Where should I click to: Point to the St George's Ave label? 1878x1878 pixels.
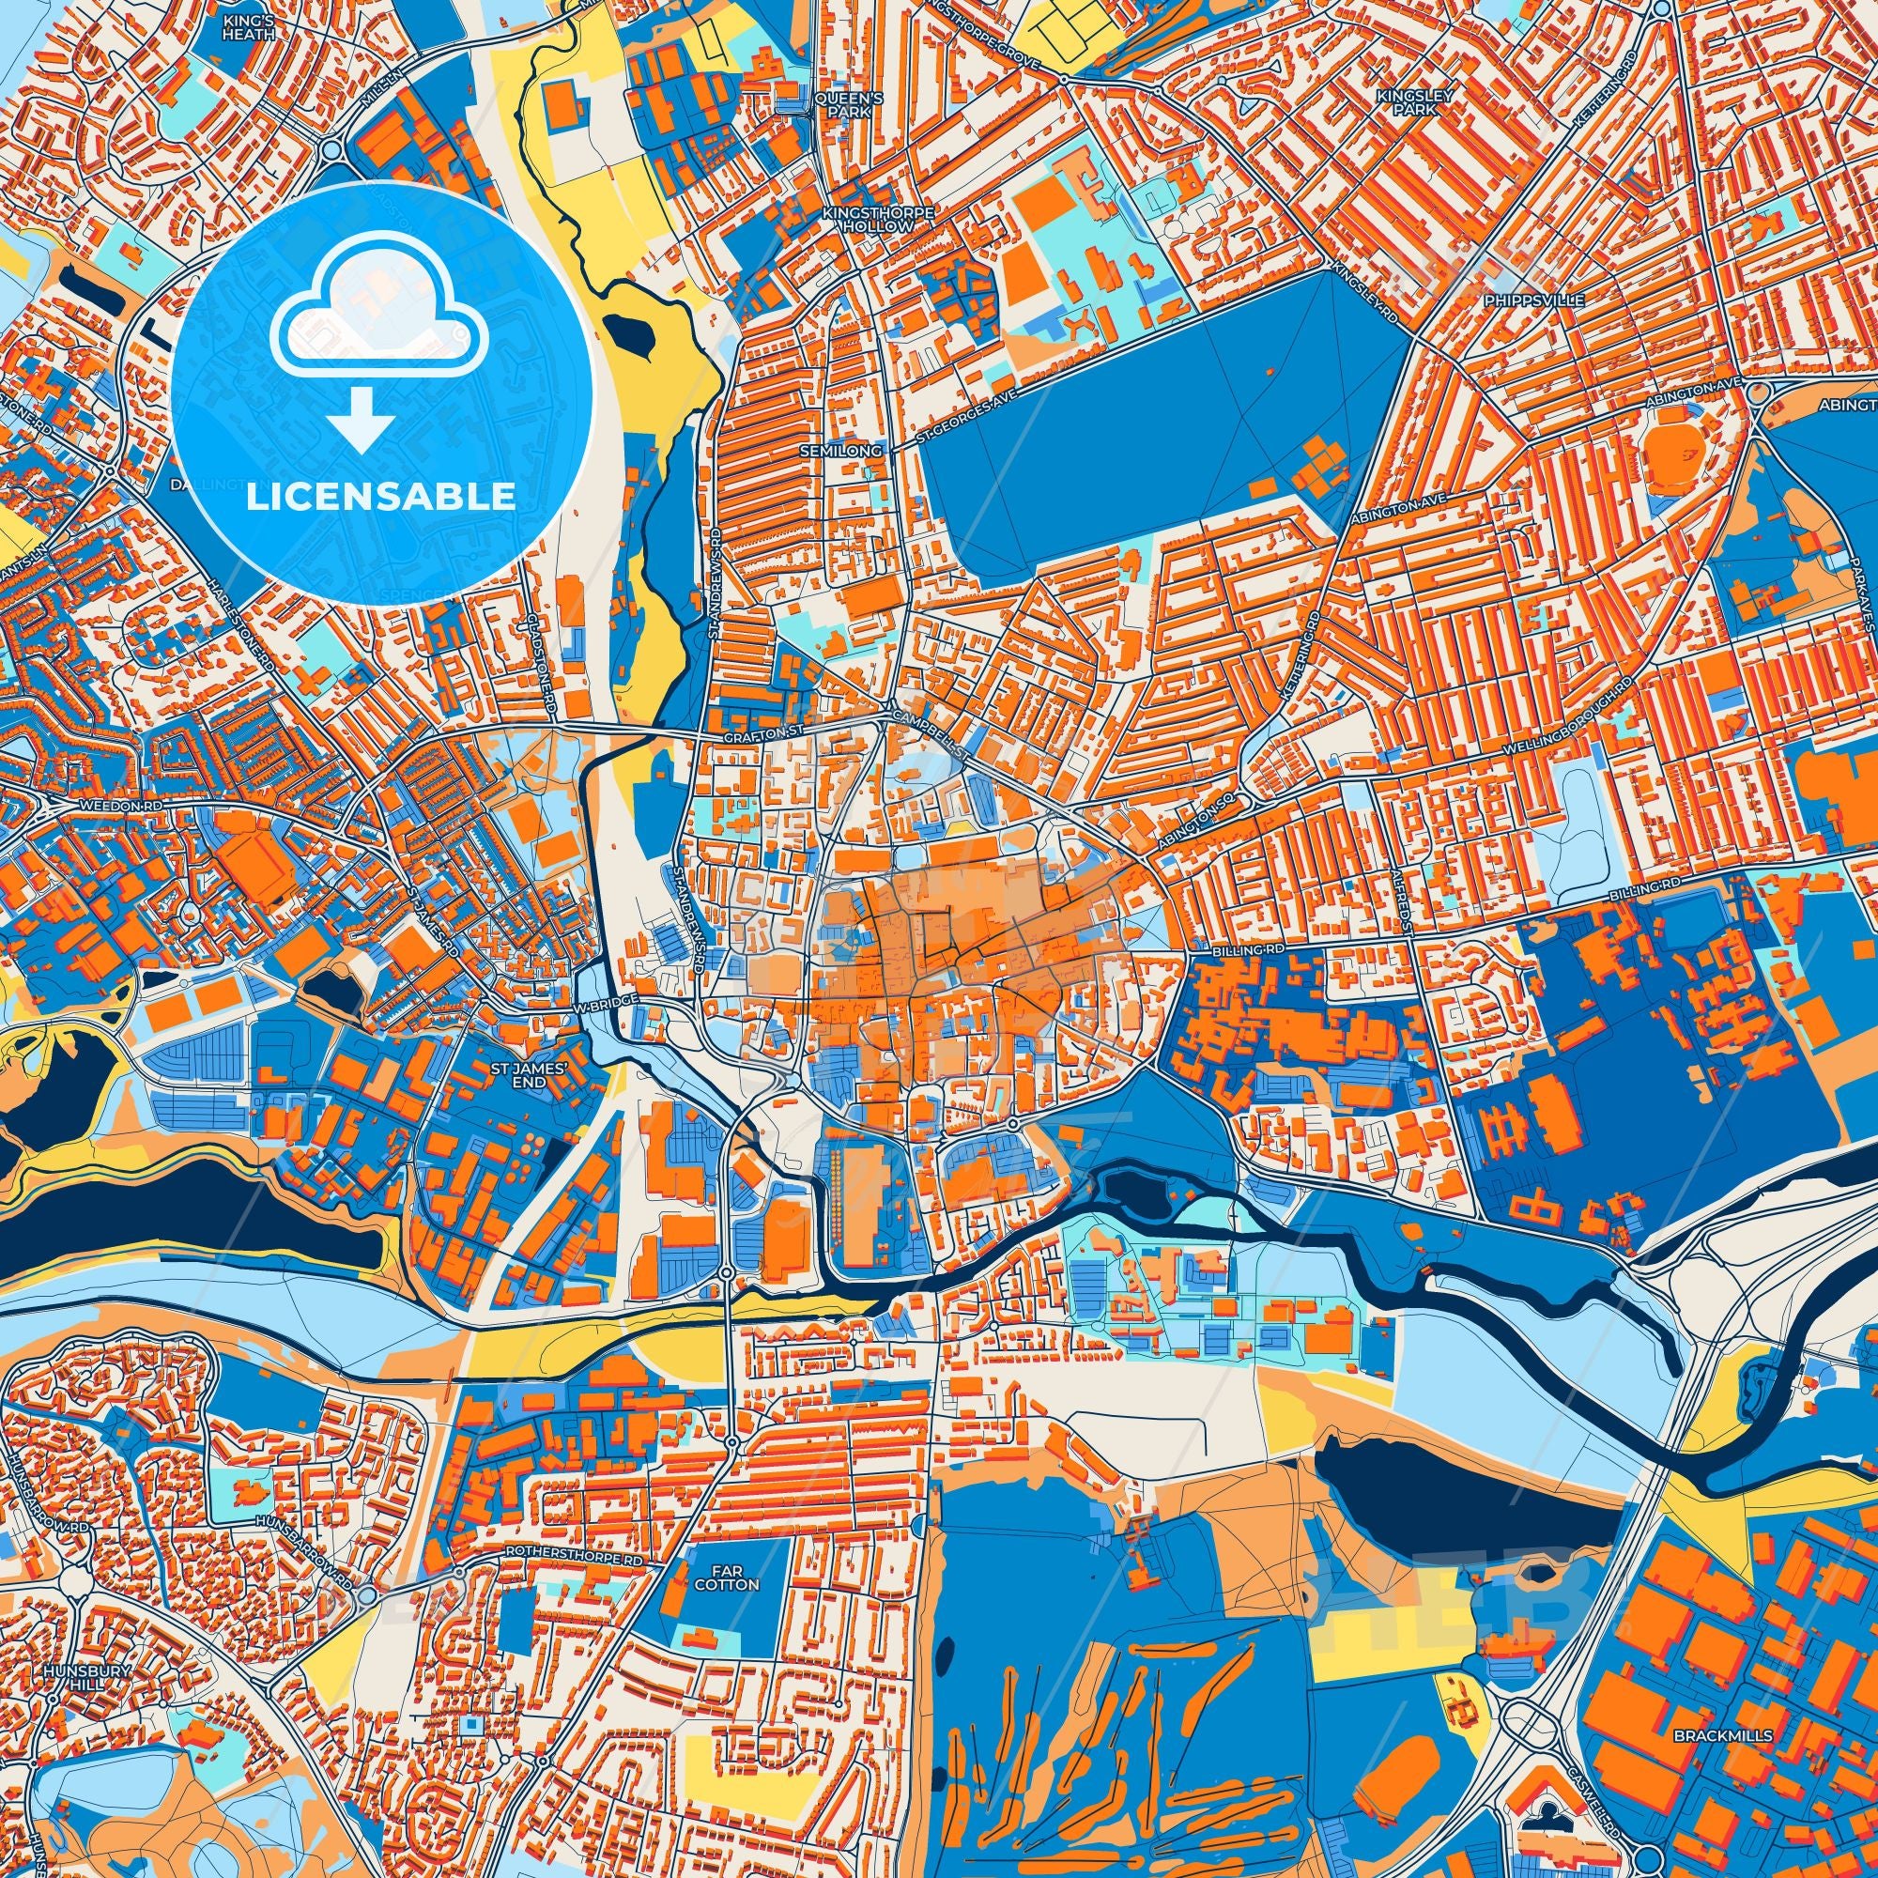pyautogui.click(x=968, y=424)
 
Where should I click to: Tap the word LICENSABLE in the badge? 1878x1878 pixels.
pyautogui.click(x=380, y=497)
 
